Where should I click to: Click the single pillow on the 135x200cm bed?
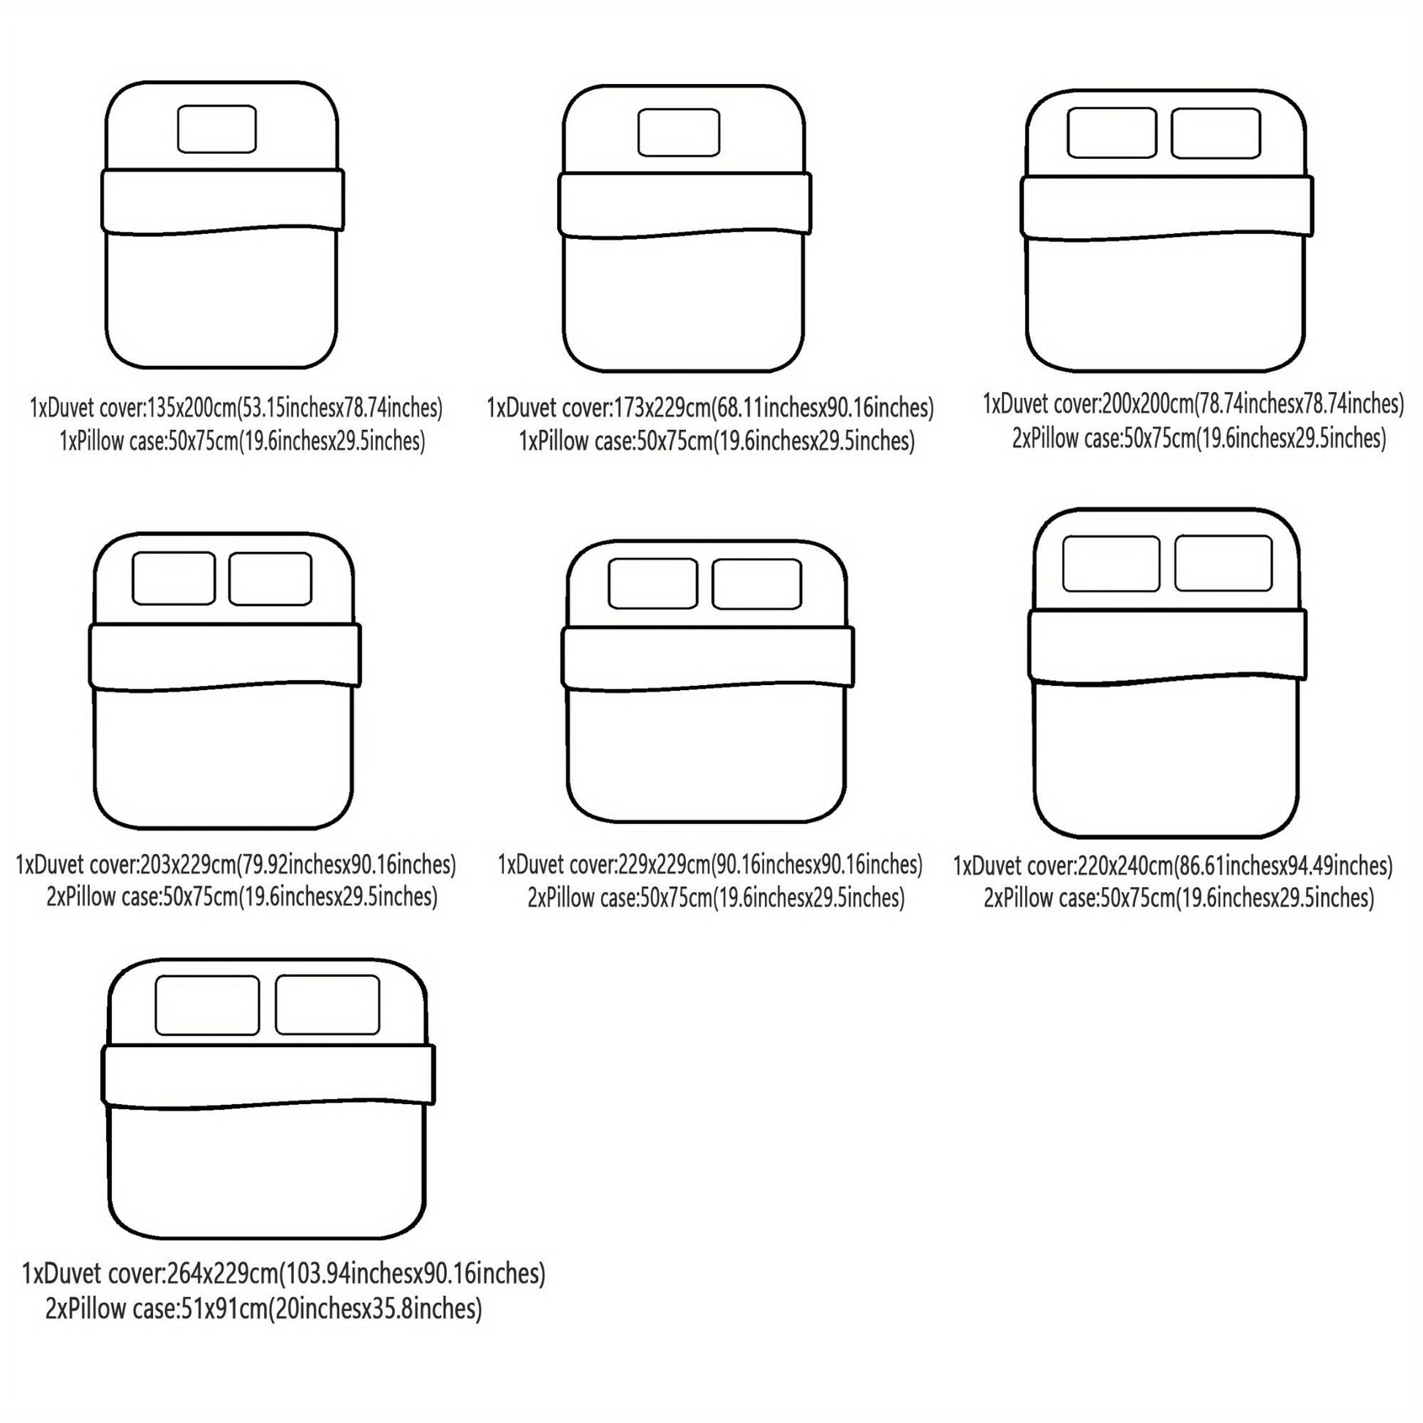pos(216,129)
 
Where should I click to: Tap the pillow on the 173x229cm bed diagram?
pos(679,132)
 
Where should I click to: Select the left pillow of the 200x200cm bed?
pos(1111,132)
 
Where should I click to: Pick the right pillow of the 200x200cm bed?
pos(1215,132)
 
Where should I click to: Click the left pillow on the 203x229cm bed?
pos(174,578)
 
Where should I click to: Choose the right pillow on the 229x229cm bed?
pos(757,584)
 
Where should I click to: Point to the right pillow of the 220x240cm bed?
pos(1223,564)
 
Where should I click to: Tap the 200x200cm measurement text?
pos(1146,404)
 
